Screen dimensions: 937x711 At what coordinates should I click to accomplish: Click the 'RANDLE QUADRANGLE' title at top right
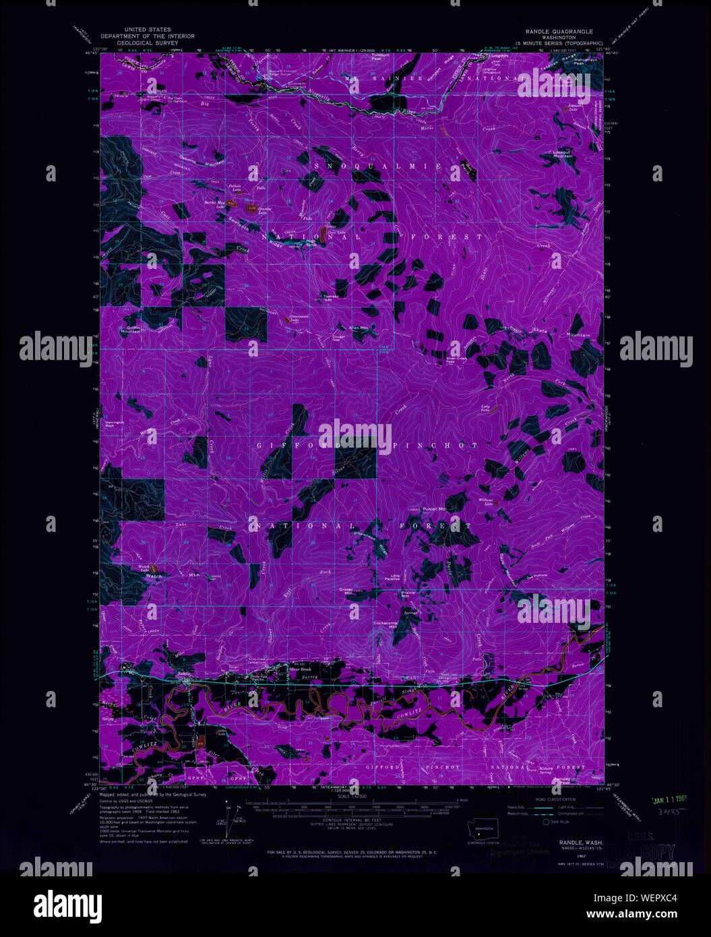coord(559,31)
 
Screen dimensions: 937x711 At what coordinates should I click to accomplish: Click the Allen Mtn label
coord(358,328)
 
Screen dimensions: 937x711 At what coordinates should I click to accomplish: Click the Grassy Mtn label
coord(346,591)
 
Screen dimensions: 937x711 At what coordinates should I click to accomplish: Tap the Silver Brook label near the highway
coord(303,669)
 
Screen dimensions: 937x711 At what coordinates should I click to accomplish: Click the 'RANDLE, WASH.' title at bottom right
coord(580,843)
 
